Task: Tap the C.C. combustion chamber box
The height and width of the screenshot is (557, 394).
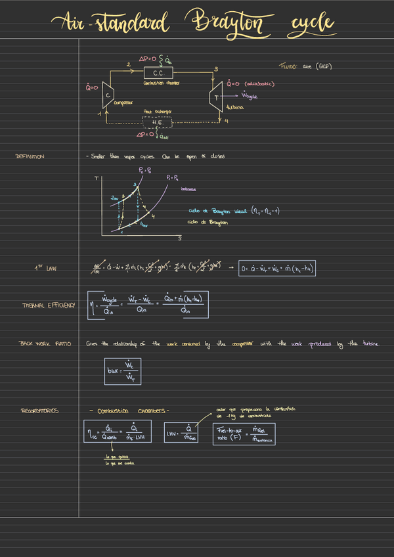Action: tap(158, 73)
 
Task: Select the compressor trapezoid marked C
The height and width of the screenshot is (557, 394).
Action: tap(106, 94)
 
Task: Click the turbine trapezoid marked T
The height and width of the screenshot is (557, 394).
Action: tap(216, 97)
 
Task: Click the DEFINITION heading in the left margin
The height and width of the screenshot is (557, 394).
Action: tap(30, 157)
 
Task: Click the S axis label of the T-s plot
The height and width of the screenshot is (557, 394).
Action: tap(179, 238)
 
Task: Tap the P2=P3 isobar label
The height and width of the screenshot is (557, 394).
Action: tap(144, 169)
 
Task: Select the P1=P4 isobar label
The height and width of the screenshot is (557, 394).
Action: tap(175, 177)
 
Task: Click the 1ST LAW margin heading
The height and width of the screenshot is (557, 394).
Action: tap(46, 268)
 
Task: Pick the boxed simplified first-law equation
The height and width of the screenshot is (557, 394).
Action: tap(278, 269)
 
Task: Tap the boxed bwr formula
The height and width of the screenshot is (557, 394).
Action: tap(123, 371)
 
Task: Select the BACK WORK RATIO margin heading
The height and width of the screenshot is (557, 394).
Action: tap(44, 344)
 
